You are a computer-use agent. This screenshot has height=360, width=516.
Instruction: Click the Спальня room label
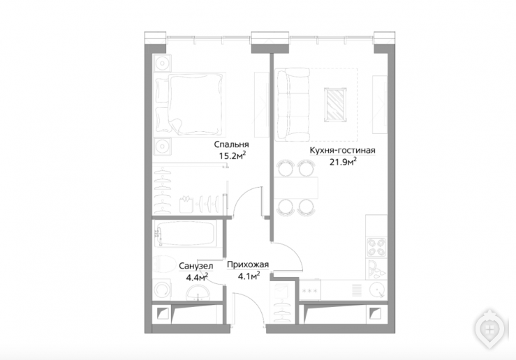(x=231, y=144)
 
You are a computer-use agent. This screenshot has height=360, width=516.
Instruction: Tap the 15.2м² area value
(x=233, y=155)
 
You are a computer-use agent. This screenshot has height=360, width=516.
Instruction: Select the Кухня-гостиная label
(x=343, y=150)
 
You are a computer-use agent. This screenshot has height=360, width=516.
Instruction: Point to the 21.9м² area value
(x=344, y=161)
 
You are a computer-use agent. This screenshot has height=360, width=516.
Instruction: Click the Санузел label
(x=196, y=266)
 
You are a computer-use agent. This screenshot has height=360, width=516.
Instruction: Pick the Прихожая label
(x=248, y=264)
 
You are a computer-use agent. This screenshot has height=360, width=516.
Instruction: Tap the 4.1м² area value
(x=249, y=276)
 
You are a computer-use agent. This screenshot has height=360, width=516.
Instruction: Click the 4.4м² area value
(x=197, y=277)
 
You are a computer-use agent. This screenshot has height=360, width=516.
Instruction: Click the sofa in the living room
(x=293, y=104)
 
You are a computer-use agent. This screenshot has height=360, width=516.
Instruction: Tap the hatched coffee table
(x=335, y=105)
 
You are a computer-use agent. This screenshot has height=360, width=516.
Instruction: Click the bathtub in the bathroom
(x=187, y=234)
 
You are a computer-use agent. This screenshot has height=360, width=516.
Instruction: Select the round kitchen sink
(x=377, y=290)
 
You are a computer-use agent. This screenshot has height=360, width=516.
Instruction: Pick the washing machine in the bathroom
(x=162, y=290)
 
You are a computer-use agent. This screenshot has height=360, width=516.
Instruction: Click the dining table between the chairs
(x=297, y=188)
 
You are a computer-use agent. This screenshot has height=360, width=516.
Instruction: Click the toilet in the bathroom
(x=165, y=263)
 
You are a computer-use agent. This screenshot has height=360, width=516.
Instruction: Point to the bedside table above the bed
(x=162, y=63)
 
